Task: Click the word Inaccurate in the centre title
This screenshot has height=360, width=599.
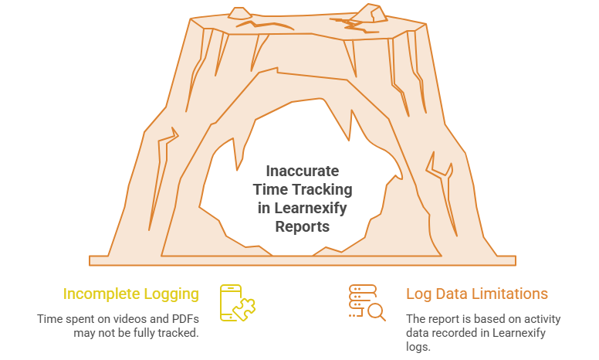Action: (x=302, y=172)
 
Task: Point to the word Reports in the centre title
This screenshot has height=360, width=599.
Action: (x=302, y=227)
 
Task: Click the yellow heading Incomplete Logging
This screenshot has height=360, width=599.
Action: (x=131, y=294)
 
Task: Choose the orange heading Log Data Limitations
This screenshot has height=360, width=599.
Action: (x=477, y=294)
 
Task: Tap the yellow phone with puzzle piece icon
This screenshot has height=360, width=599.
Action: (x=237, y=303)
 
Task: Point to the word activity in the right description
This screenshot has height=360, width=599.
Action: (x=542, y=319)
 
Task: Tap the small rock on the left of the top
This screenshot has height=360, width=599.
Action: (x=239, y=13)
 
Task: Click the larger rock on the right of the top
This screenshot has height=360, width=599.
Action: (x=369, y=14)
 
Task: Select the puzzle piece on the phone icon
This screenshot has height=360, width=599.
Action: (x=245, y=309)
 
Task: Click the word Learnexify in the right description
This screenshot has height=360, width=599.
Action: (x=519, y=333)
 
